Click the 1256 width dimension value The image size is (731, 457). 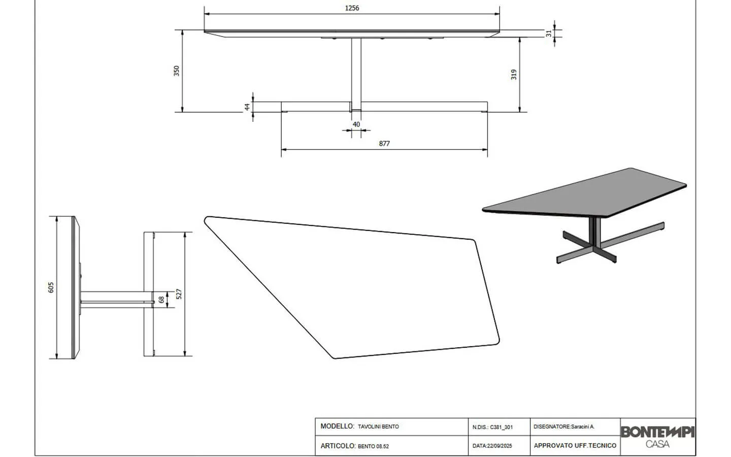pos(352,8)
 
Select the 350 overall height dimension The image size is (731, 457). pos(177,71)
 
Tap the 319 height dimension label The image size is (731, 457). pos(514,75)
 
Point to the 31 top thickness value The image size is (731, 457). pos(549,34)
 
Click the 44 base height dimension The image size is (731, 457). pos(247,107)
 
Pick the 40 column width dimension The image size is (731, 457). pos(356,124)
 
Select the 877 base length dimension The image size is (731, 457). pos(384,144)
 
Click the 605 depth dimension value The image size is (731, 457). pos(51,287)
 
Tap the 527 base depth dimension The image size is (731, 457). pos(179,294)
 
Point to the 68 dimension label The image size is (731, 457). pos(161,300)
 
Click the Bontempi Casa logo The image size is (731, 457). pos(657,437)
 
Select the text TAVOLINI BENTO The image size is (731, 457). pos(378,427)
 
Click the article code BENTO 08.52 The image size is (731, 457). pos(373,446)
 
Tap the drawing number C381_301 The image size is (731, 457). pos(501,427)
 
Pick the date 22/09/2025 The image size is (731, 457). pos(500,446)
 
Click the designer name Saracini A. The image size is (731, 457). pos(583,427)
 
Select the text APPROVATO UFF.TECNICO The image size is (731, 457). pos(575,446)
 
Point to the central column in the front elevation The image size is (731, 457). pos(356,74)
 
